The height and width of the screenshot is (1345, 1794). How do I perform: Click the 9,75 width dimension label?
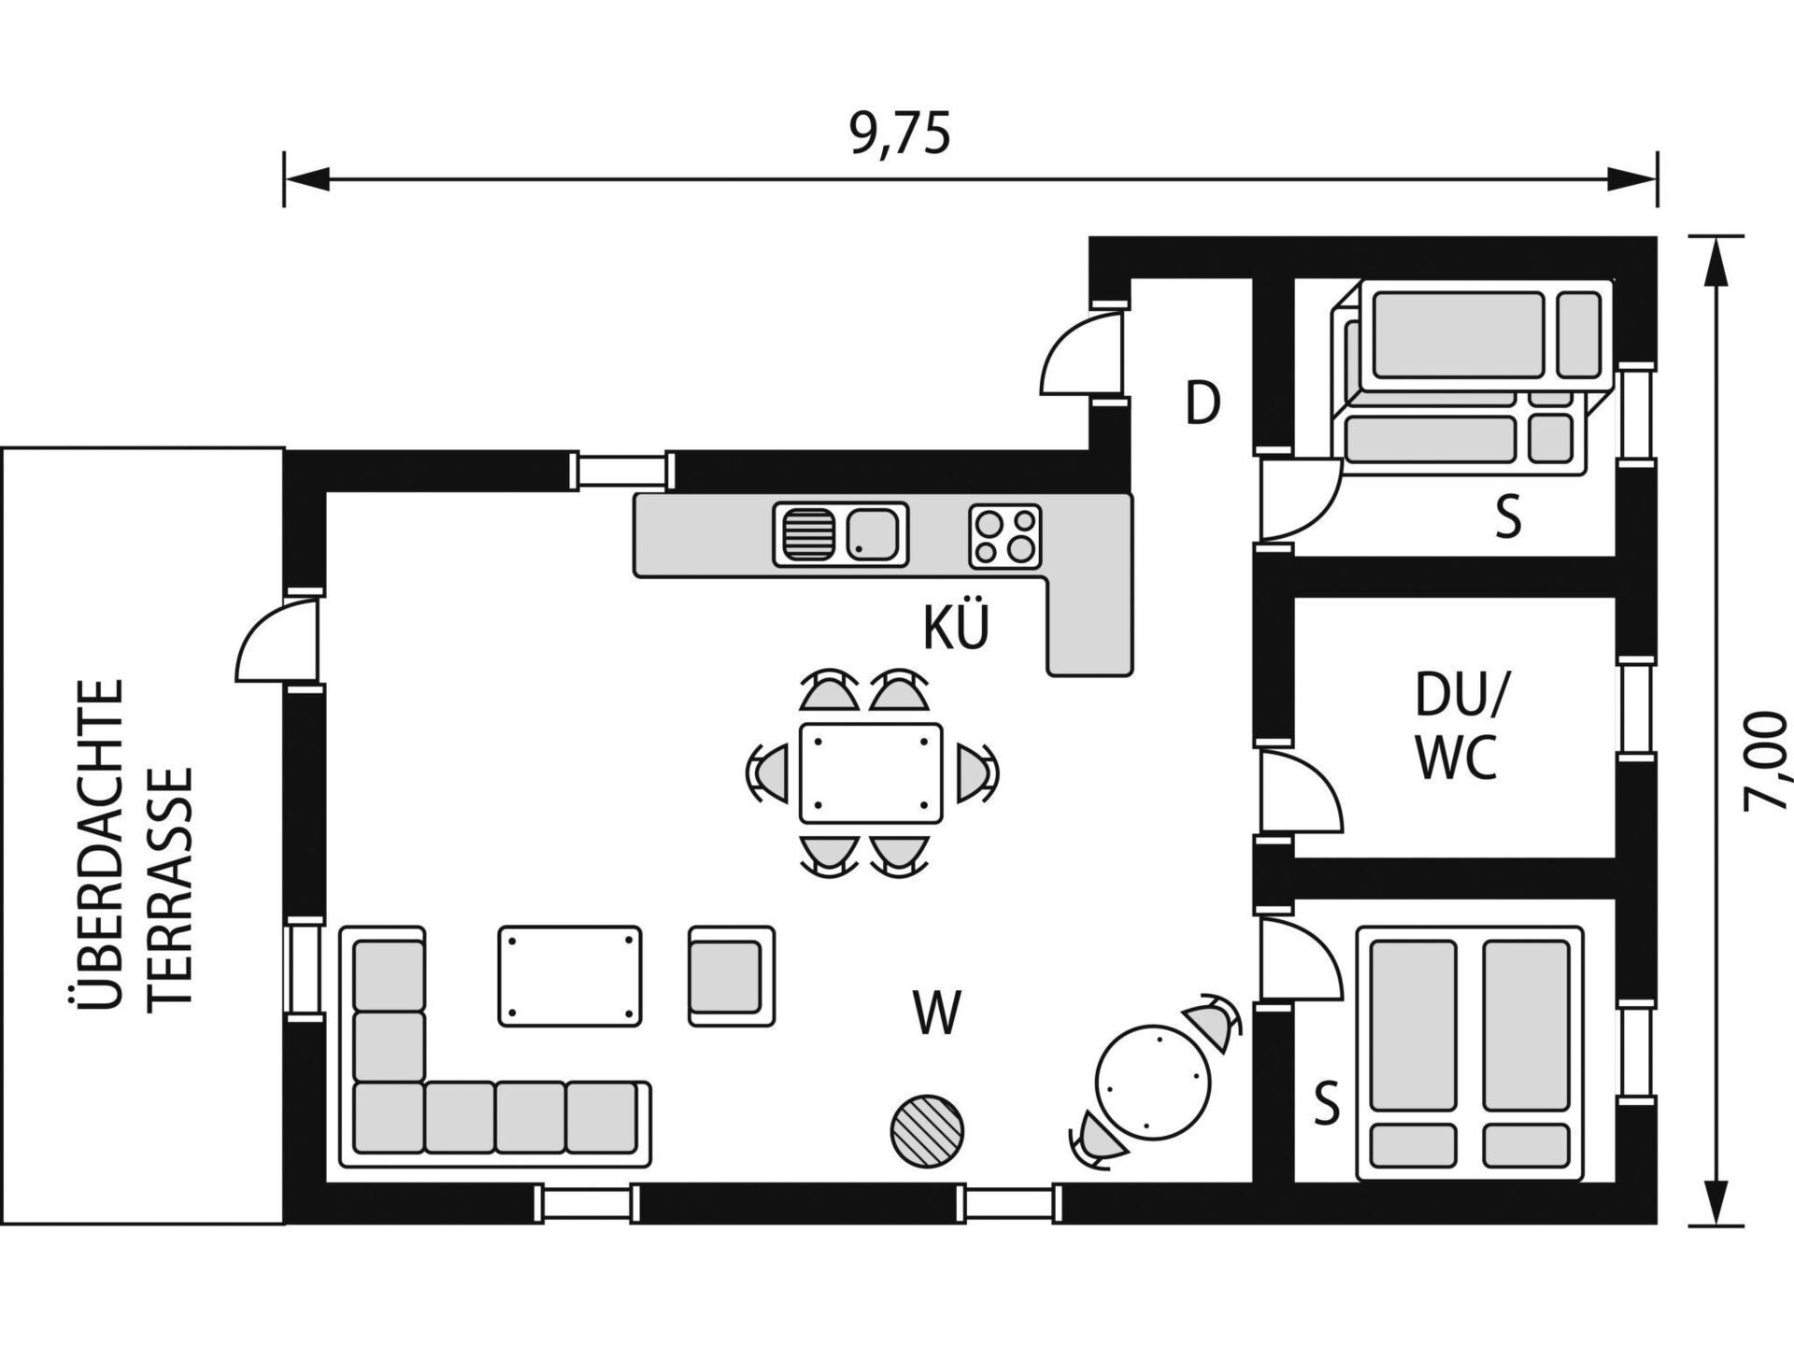(900, 134)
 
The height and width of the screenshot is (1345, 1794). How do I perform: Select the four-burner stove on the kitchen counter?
(1004, 536)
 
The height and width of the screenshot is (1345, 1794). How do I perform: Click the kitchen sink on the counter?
(840, 534)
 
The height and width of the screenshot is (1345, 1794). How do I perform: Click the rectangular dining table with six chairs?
(870, 773)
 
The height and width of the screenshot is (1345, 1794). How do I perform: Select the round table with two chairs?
(1154, 1082)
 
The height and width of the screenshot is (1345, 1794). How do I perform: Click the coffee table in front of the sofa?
(570, 976)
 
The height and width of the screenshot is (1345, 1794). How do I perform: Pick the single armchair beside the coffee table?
(732, 976)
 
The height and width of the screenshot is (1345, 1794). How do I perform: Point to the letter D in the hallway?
(1203, 403)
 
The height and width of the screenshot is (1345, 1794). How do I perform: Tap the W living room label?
(937, 1012)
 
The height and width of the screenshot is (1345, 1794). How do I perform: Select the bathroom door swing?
(1300, 792)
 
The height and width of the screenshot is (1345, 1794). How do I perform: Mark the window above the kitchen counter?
(622, 471)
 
